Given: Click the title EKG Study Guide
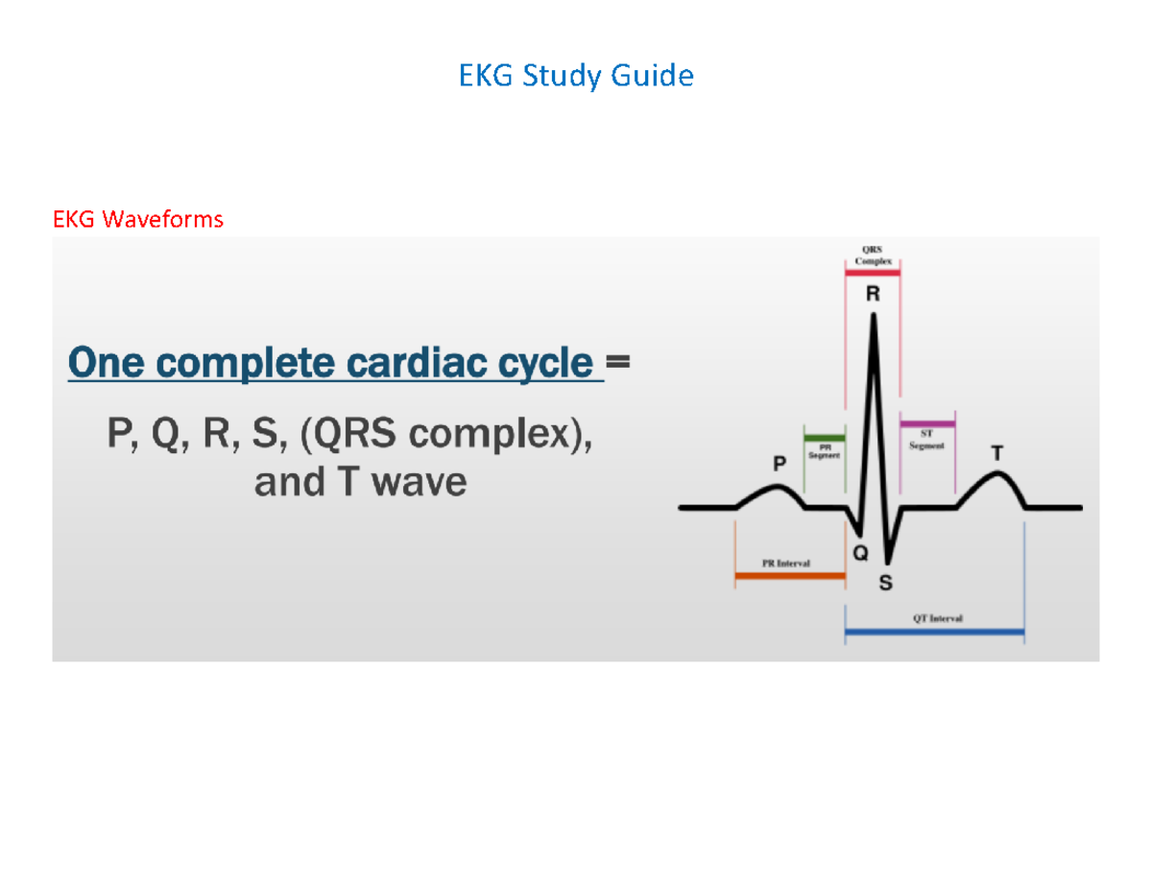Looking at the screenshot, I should click(x=576, y=76).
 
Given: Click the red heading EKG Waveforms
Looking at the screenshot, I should click(x=138, y=220).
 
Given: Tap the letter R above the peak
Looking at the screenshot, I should click(x=873, y=296).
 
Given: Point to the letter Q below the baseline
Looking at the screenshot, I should click(x=860, y=553).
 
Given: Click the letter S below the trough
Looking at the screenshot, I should click(x=885, y=582).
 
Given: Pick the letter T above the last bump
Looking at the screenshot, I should click(x=998, y=451).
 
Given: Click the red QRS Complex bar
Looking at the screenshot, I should click(x=872, y=274).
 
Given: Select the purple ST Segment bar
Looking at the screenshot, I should click(x=927, y=423).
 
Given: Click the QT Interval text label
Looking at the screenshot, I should click(x=937, y=619).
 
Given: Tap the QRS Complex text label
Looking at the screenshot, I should click(x=873, y=255).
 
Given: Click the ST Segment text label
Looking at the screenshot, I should click(x=927, y=441).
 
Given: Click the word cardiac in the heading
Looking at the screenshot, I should click(x=415, y=364).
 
